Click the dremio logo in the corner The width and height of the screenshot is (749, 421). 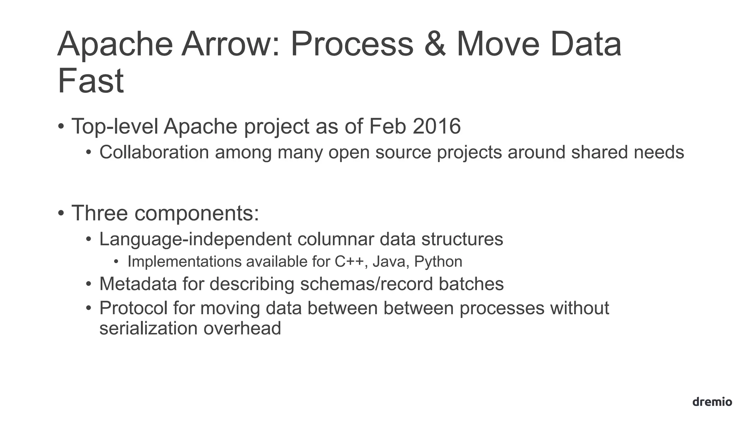[x=712, y=402]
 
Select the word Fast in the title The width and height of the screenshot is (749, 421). [x=91, y=81]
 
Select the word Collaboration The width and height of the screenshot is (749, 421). [x=154, y=152]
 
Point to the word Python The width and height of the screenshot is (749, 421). [x=438, y=262]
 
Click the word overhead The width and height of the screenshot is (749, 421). [x=242, y=328]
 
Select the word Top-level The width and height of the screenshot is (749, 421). [x=115, y=126]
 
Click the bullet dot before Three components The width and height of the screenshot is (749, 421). [x=61, y=213]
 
